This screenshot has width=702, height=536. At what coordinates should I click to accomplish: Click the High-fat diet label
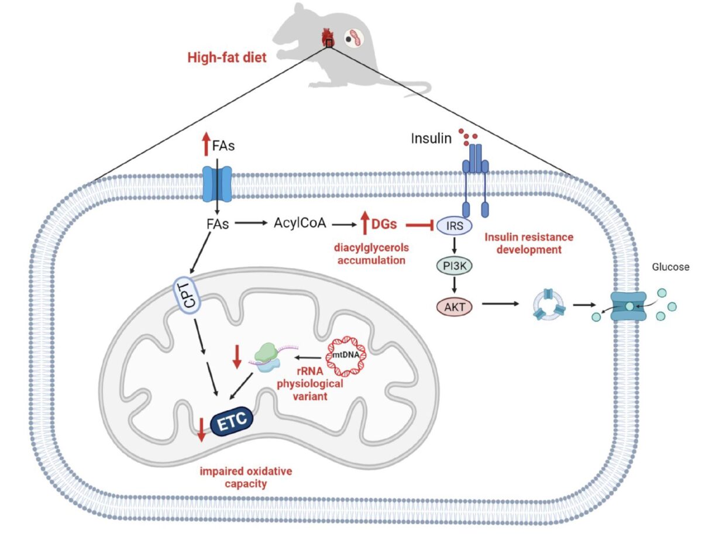(226, 58)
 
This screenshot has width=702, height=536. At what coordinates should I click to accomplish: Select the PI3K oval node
(452, 266)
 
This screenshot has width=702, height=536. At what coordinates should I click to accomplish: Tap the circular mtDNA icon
(350, 356)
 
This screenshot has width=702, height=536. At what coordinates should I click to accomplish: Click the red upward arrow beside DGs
(364, 224)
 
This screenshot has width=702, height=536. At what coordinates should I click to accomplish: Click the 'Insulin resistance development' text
(529, 243)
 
